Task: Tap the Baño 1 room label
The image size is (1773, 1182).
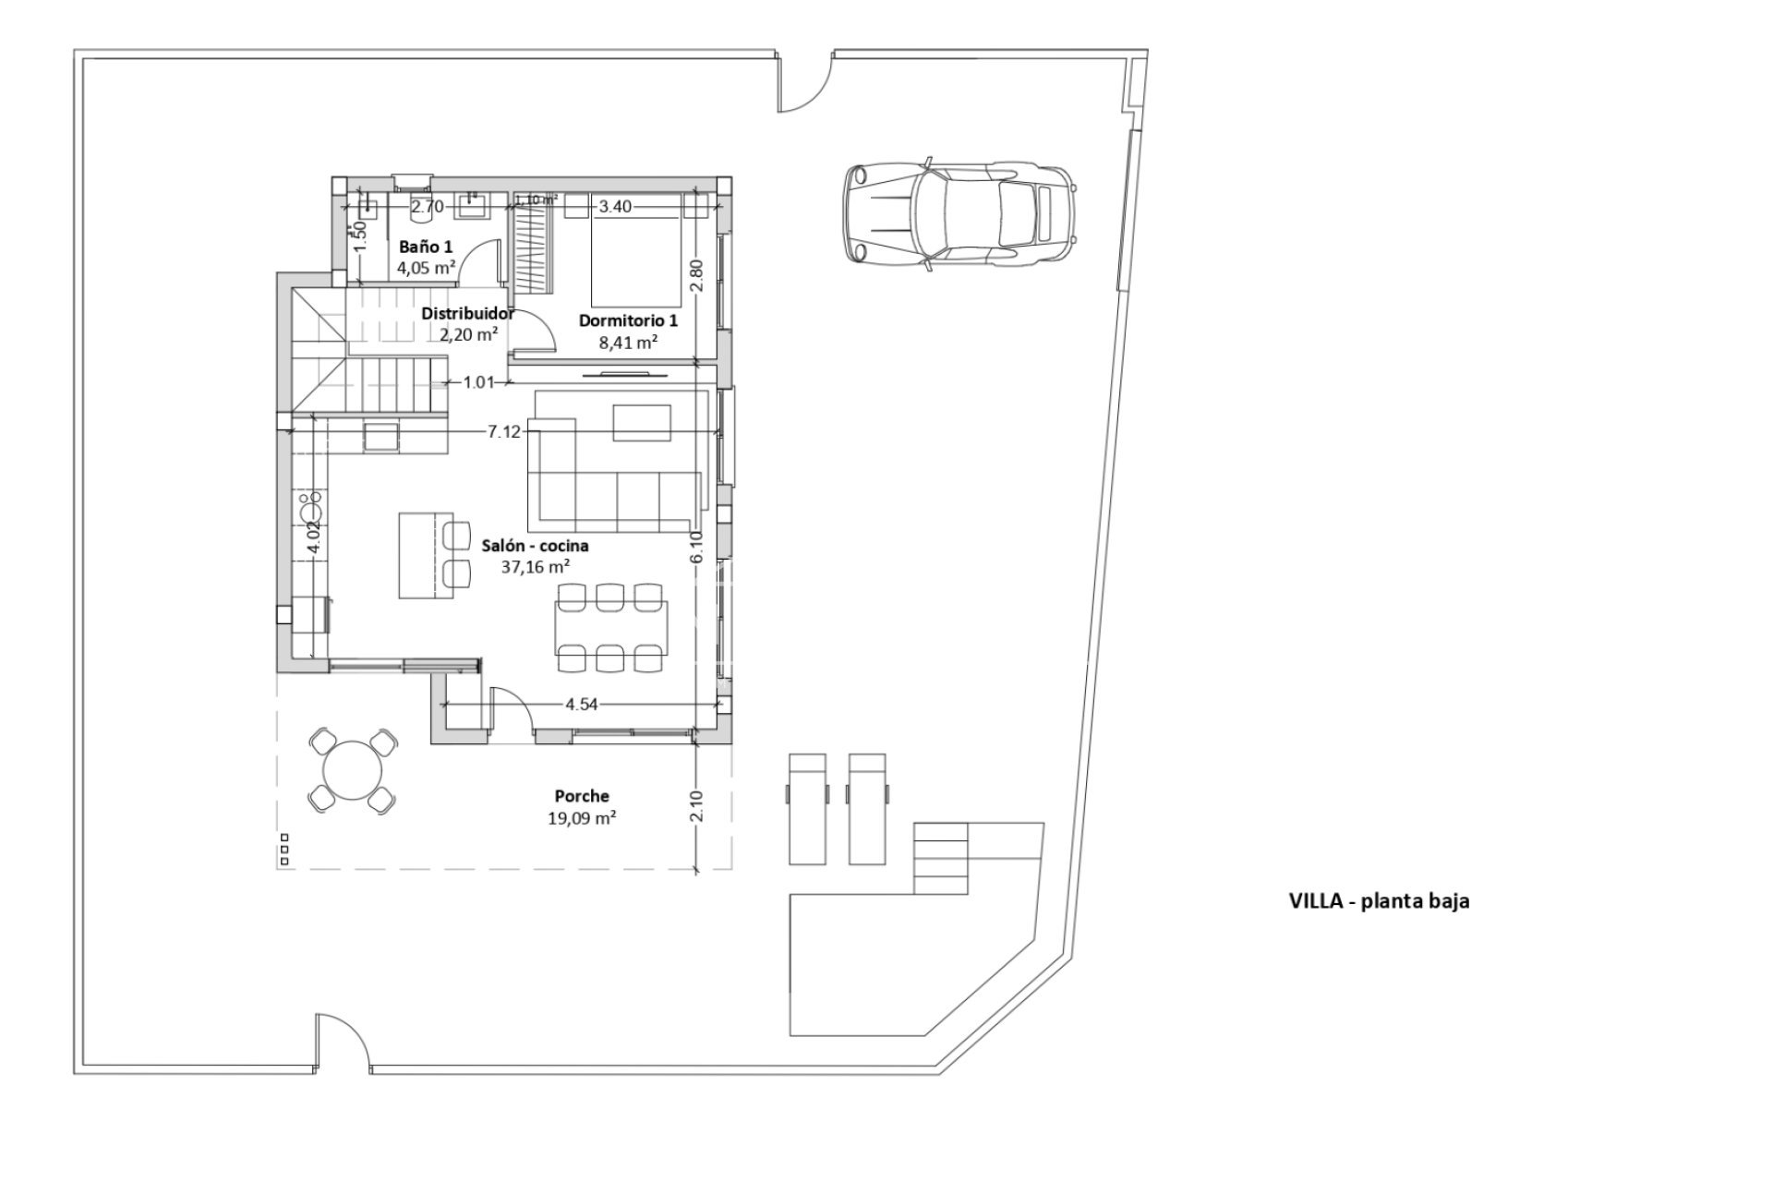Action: click(x=425, y=247)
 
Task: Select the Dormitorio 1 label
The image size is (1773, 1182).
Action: click(x=628, y=320)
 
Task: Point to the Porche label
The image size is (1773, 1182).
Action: click(x=581, y=796)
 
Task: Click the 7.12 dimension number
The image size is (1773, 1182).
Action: click(x=504, y=431)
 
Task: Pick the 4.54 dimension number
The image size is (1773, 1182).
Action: click(x=582, y=704)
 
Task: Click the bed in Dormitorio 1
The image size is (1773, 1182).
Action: click(x=635, y=254)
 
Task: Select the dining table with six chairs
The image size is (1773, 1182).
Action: click(x=610, y=627)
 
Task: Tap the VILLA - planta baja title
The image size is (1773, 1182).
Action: click(x=1379, y=901)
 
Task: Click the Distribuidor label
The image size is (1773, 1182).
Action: click(x=467, y=313)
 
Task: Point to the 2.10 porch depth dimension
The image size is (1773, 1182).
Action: click(x=697, y=805)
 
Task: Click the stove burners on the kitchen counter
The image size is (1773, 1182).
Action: click(x=310, y=507)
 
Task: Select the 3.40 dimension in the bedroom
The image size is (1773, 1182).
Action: click(x=615, y=207)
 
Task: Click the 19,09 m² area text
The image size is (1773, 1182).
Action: click(x=581, y=817)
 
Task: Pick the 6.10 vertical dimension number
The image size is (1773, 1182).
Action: click(x=697, y=546)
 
